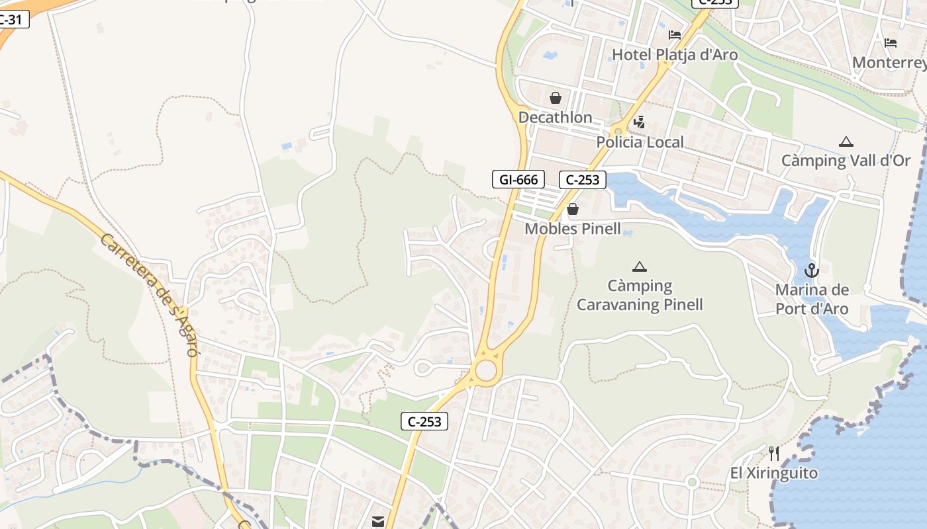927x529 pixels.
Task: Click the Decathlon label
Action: (x=555, y=118)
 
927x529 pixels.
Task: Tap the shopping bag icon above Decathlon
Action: (x=556, y=98)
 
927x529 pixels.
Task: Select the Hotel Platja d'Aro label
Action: (x=675, y=55)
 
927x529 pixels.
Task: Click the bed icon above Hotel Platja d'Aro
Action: (x=675, y=34)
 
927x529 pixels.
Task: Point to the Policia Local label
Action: (x=640, y=142)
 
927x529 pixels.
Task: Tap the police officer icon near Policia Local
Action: (x=639, y=122)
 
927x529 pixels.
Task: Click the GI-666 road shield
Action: (x=518, y=179)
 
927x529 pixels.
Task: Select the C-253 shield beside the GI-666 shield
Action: (x=583, y=179)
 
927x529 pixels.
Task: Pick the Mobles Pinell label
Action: (x=573, y=229)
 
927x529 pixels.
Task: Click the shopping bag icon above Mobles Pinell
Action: (x=573, y=210)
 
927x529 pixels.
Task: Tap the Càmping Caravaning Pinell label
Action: (x=640, y=296)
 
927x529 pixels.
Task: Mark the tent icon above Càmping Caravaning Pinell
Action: (x=639, y=267)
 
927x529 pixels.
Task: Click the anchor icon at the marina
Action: (x=811, y=270)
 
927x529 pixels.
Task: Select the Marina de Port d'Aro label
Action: (x=812, y=300)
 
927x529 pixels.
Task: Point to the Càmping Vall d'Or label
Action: (x=846, y=161)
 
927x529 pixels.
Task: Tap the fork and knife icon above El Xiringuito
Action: (x=774, y=454)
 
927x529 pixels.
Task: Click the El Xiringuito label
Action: (x=774, y=473)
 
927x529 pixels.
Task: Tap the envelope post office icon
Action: (x=378, y=522)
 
